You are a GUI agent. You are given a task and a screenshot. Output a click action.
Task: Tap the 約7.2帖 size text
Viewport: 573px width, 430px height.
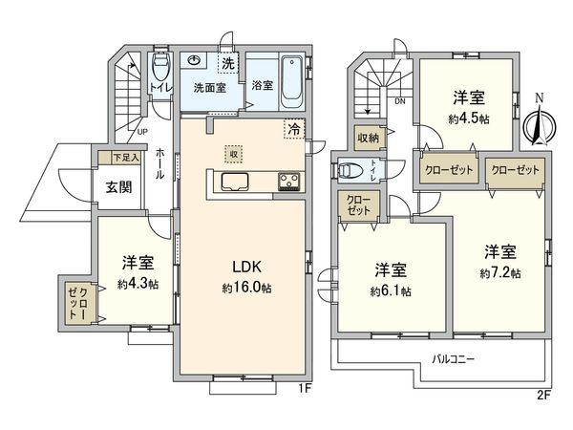pyautogui.click(x=501, y=272)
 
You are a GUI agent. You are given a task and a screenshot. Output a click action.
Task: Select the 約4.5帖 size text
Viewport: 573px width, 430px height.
pyautogui.click(x=471, y=119)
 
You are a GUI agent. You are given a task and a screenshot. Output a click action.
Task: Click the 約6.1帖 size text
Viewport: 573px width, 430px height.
pyautogui.click(x=392, y=290)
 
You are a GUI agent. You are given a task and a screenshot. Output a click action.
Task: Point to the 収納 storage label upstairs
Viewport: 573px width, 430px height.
pyautogui.click(x=368, y=138)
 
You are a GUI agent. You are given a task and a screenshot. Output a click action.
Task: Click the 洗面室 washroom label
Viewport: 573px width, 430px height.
pyautogui.click(x=208, y=87)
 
